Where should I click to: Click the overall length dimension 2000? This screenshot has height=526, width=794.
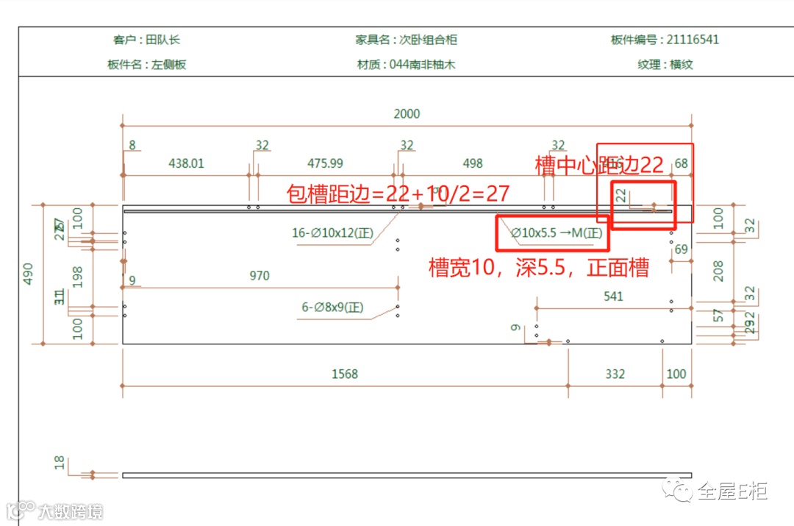tap(407, 114)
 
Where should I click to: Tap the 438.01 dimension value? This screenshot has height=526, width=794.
tap(187, 163)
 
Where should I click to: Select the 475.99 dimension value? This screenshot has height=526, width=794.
tap(325, 163)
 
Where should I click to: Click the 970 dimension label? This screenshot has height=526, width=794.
tap(260, 277)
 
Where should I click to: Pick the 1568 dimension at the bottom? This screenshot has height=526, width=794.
tap(344, 374)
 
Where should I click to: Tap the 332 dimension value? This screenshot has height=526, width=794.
tap(615, 374)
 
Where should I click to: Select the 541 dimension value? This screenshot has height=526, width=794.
tap(613, 296)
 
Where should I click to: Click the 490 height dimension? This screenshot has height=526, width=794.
tap(29, 273)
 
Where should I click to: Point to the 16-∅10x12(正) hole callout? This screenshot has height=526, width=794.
tap(332, 234)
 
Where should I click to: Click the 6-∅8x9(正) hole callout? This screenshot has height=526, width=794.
tap(333, 308)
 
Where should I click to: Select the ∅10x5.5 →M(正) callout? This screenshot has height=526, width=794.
tap(557, 234)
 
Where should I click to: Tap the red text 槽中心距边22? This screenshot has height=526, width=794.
tap(599, 166)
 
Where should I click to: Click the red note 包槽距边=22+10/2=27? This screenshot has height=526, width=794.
tap(398, 194)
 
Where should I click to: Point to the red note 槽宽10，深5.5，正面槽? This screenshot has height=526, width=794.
tap(538, 268)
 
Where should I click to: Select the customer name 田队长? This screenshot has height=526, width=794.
tap(166, 40)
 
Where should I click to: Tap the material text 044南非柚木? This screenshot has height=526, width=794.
tap(422, 65)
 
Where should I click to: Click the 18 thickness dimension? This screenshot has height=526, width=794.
tap(60, 462)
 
